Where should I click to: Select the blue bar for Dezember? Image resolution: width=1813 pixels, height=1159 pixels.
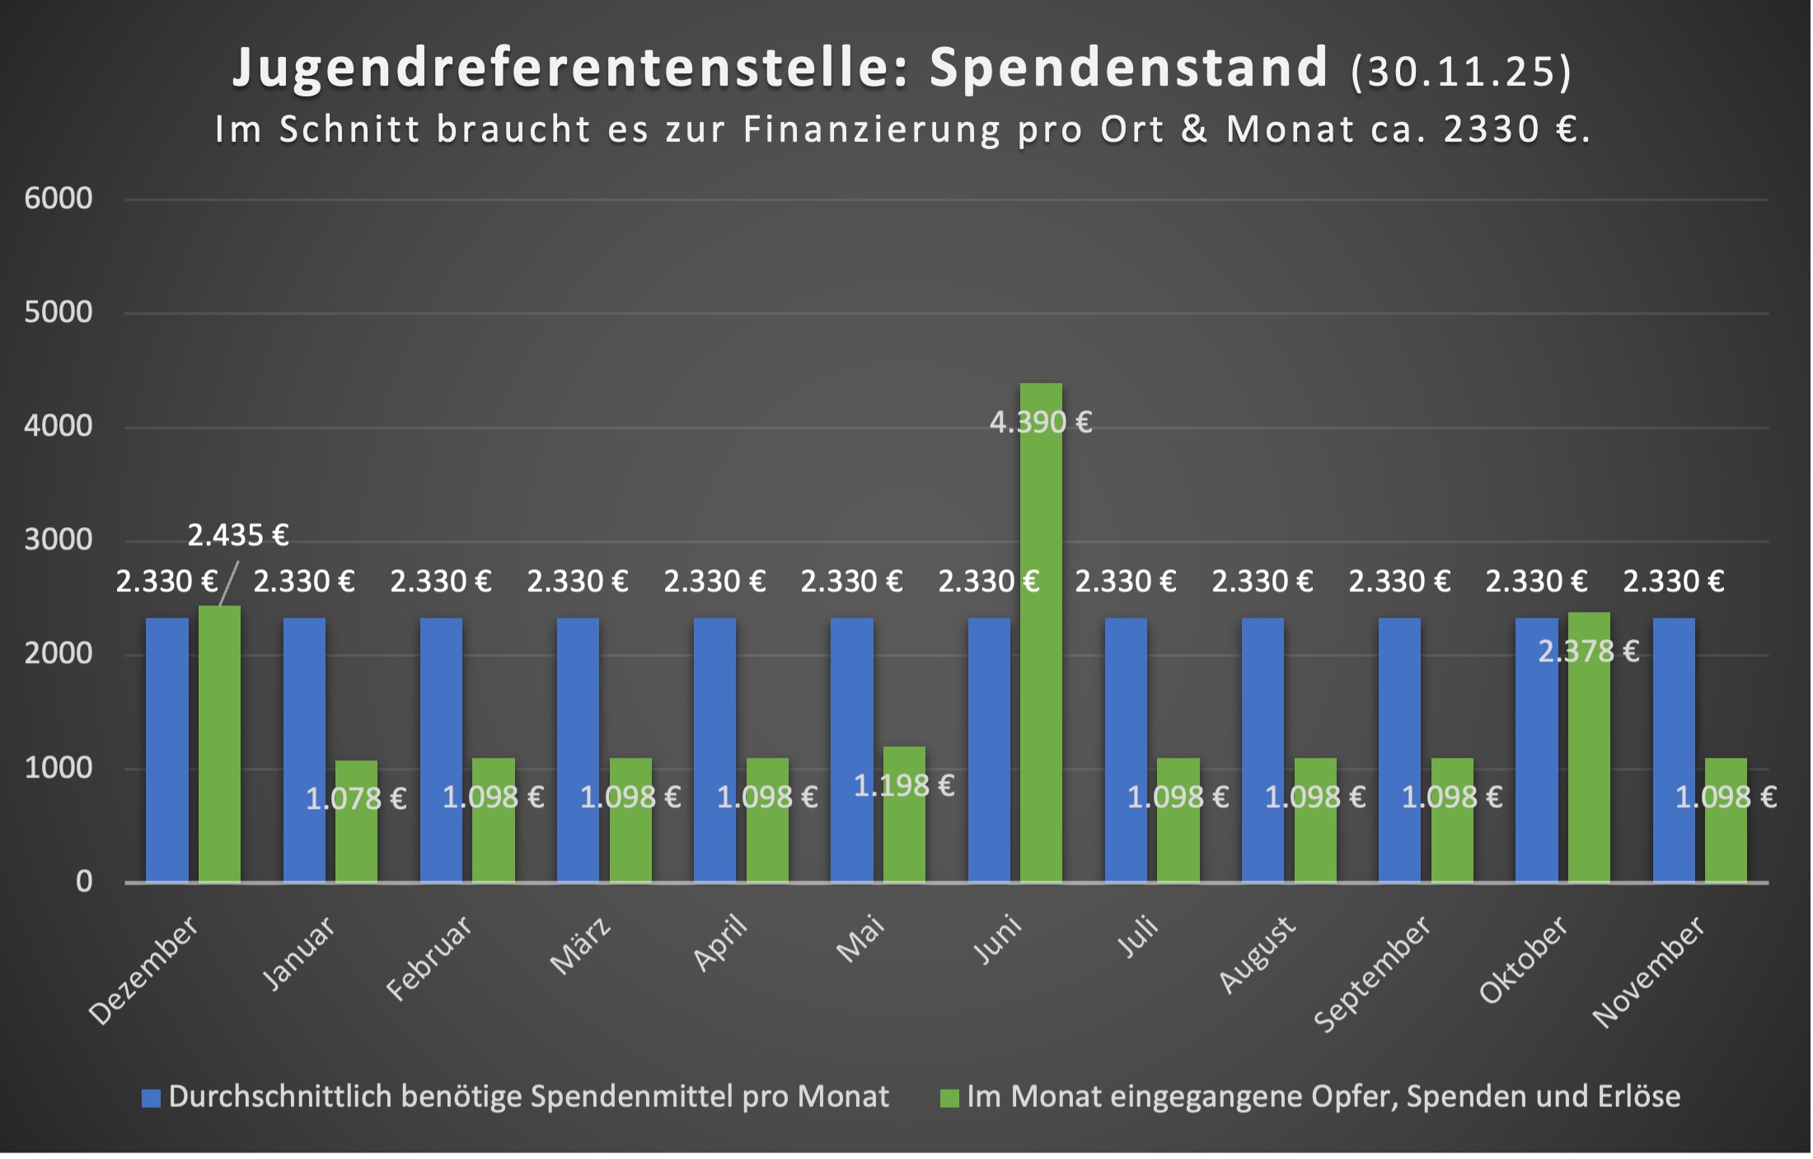coord(166,750)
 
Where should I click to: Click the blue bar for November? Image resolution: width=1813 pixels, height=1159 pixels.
coord(1674,750)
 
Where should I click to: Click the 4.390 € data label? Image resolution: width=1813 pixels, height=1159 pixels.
coord(1041,423)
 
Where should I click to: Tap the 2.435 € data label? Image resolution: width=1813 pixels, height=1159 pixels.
coord(237,535)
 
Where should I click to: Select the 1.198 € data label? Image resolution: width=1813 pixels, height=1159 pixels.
coord(904,786)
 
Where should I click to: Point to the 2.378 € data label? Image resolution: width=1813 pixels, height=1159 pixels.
coord(1589,652)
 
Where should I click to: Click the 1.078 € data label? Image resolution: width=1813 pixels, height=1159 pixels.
coord(356,798)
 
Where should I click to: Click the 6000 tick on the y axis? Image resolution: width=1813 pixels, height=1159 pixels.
coord(59,199)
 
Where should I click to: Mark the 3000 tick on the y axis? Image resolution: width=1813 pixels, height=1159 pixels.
coord(59,540)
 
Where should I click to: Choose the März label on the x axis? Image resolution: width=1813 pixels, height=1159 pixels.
coord(580,946)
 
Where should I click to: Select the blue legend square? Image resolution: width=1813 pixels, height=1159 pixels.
coord(151,1098)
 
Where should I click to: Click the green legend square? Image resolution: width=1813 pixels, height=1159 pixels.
coord(949,1098)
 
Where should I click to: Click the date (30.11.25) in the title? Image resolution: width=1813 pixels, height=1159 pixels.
coord(1461,71)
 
